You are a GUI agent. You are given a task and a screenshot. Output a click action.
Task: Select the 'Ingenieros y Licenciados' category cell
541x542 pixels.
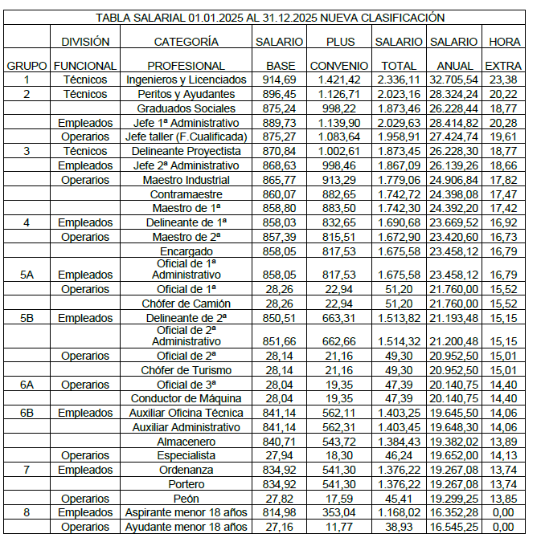[x=186, y=79]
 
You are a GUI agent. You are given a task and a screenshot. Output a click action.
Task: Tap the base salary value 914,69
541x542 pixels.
[x=280, y=79]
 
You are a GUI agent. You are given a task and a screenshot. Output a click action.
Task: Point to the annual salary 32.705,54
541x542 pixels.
[x=454, y=79]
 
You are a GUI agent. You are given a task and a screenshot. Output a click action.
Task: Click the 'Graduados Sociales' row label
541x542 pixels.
[x=186, y=108]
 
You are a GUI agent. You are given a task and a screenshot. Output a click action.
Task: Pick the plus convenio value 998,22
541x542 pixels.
[x=338, y=108]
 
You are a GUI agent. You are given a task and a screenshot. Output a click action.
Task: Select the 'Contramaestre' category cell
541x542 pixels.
[x=186, y=194]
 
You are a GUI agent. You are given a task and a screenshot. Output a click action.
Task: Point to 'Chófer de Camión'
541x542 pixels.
[x=186, y=304]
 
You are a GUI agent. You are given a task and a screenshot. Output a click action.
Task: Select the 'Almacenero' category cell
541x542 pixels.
[x=186, y=442]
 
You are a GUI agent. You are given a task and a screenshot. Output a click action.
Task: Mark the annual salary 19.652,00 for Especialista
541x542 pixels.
[x=454, y=456]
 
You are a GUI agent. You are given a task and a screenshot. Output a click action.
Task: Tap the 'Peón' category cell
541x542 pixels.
[x=186, y=499]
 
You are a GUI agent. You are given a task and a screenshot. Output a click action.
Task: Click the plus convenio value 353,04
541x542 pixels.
[x=338, y=513]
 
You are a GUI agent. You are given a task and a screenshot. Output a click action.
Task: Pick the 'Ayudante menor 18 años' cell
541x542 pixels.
[x=186, y=528]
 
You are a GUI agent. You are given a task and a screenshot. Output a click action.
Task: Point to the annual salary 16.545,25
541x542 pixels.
[x=454, y=528]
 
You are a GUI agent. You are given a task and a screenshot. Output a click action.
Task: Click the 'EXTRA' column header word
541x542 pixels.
[x=504, y=66]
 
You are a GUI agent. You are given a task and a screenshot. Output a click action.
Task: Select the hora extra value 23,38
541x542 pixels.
[x=504, y=79]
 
